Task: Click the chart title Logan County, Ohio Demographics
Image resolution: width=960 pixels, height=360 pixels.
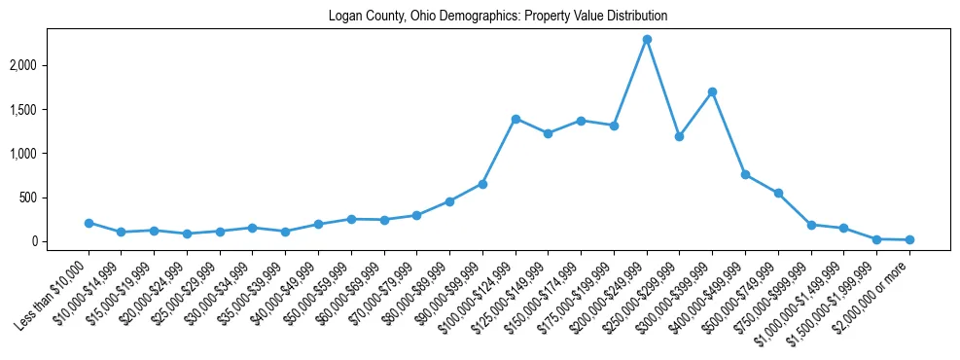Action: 497,17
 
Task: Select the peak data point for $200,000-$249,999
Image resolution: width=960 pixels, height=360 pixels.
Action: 647,40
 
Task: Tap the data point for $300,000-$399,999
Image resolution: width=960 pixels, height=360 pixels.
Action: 713,92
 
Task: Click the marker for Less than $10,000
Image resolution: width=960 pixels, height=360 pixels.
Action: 89,223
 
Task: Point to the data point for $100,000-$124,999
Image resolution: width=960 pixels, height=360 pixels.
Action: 516,119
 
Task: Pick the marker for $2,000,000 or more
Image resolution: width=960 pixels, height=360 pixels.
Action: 909,239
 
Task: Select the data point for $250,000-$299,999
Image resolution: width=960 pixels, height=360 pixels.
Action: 680,136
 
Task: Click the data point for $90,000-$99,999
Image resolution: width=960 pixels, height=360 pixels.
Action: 482,184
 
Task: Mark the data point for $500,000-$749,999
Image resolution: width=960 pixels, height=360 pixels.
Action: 778,193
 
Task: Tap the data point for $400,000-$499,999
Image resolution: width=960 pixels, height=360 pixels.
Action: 745,174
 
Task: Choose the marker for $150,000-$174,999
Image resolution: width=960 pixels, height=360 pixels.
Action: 581,121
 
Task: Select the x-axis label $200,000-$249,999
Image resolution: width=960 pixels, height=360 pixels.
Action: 613,293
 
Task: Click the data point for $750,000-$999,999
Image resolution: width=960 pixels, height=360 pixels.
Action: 811,225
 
